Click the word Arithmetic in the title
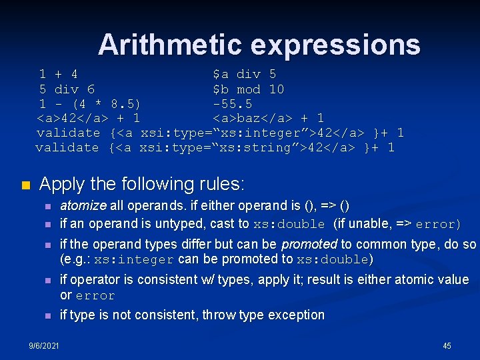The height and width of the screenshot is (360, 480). coord(171,45)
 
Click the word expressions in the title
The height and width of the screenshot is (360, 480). coord(336,45)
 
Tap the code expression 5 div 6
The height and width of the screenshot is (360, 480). coord(67,89)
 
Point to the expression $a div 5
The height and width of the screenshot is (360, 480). coord(244,74)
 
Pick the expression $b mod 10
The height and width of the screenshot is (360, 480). coord(248,89)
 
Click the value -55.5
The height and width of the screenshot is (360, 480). coord(232,104)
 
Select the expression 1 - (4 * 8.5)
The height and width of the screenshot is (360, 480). coord(89,104)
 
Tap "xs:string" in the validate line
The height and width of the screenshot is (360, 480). coord(257,147)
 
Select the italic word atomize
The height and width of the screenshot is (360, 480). coord(83,206)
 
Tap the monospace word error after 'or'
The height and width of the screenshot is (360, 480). coord(95,295)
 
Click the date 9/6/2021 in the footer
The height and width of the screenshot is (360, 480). coord(44,345)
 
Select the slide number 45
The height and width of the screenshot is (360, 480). coord(447,345)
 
